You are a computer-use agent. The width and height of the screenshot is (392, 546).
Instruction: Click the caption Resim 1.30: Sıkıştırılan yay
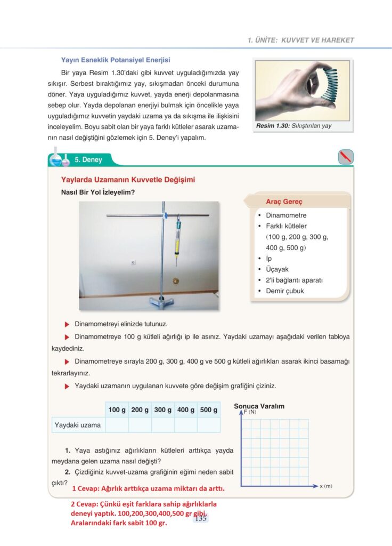point(293,126)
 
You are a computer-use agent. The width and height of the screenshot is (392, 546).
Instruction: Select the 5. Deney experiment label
point(88,159)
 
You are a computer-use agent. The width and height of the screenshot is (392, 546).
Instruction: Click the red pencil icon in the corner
point(346,157)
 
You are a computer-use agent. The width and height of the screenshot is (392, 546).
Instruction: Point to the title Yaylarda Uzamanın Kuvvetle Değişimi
point(128,180)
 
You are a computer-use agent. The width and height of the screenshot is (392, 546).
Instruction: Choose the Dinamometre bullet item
point(286,215)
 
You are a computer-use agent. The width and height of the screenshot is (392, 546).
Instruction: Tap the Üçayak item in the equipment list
point(277,269)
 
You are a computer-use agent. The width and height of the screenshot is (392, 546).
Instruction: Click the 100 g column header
point(117,410)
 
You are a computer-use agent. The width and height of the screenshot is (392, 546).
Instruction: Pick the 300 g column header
point(163,410)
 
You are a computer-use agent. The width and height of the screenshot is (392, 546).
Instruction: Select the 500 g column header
point(209,410)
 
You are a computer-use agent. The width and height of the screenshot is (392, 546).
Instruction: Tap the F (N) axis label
point(250,412)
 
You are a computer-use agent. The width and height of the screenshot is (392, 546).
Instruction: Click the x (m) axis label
point(326,486)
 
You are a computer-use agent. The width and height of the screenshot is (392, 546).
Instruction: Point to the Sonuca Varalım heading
point(259,406)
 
